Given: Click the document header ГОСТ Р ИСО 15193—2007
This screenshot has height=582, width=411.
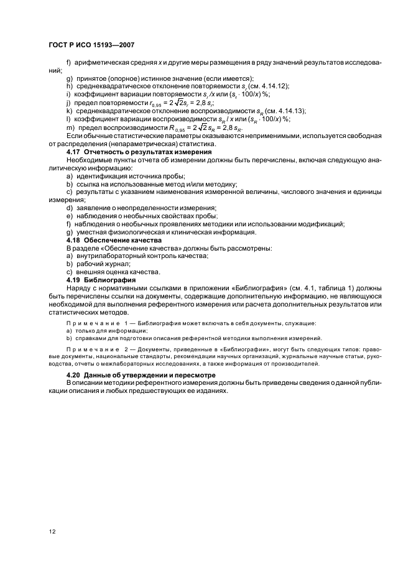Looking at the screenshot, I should pyautogui.click(x=91, y=45).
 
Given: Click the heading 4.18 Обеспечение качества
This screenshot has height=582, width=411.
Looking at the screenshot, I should pyautogui.click(x=114, y=239).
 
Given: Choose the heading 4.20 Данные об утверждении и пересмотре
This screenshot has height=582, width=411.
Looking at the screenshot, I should pyautogui.click(x=141, y=376).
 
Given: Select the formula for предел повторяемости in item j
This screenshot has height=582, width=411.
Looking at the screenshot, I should pyautogui.click(x=178, y=102).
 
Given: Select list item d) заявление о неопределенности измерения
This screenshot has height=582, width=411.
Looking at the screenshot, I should pyautogui.click(x=141, y=208).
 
